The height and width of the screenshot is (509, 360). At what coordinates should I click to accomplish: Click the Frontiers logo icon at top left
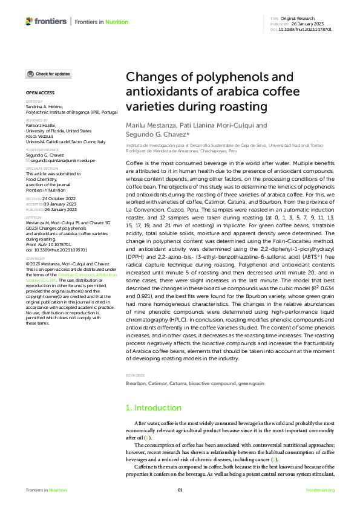click(29, 22)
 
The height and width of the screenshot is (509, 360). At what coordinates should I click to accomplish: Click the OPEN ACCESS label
click(40, 93)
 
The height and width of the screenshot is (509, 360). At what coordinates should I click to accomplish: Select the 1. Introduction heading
click(153, 408)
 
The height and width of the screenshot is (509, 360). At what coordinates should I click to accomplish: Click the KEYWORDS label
click(136, 376)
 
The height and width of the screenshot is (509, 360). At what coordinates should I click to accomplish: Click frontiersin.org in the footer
click(320, 490)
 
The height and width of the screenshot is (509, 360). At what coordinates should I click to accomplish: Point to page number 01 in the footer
click(180, 490)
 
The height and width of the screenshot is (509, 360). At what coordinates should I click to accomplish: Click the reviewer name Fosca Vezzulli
click(39, 136)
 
